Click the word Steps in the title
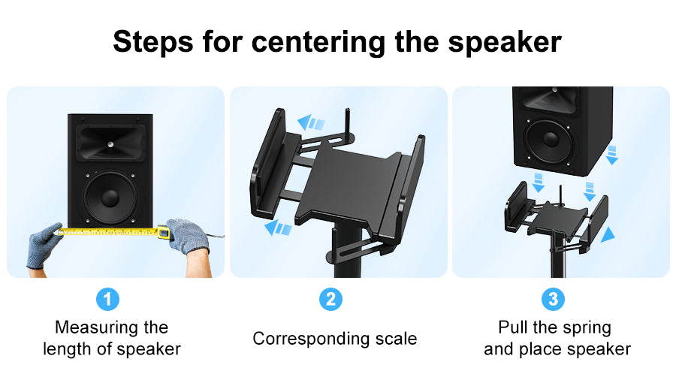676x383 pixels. click(153, 42)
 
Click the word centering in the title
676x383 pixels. click(318, 43)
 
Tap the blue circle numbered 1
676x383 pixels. click(107, 299)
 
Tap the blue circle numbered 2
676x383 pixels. click(330, 299)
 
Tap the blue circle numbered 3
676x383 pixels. click(553, 299)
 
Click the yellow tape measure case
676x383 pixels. click(163, 232)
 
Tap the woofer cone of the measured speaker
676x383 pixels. click(110, 198)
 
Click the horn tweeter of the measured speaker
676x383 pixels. click(110, 143)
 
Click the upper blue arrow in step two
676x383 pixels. click(311, 122)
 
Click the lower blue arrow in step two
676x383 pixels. click(278, 227)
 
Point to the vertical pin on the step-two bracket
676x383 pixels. click(348, 122)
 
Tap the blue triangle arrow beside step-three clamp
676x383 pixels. click(608, 235)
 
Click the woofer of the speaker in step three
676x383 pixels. click(551, 139)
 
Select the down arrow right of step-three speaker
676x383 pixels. click(611, 155)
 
